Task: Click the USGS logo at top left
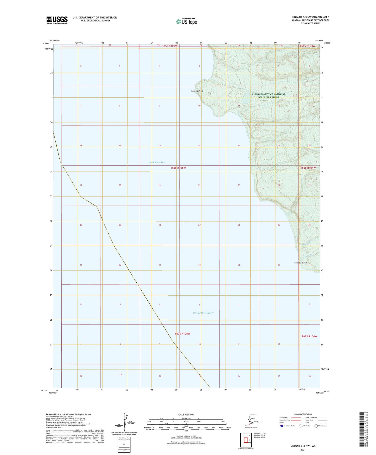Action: click(x=57, y=20)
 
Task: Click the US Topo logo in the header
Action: click(x=187, y=21)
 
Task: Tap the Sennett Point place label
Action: click(x=197, y=91)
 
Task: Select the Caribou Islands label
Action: click(x=301, y=263)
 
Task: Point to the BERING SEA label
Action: click(x=157, y=163)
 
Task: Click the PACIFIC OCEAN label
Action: click(x=203, y=313)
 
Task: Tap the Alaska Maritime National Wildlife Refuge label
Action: click(x=268, y=96)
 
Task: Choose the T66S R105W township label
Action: click(x=178, y=168)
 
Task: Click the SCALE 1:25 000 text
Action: click(x=185, y=415)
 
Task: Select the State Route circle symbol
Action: click(x=316, y=426)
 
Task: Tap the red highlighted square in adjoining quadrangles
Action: click(x=246, y=440)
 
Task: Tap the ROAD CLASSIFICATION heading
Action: click(x=303, y=414)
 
